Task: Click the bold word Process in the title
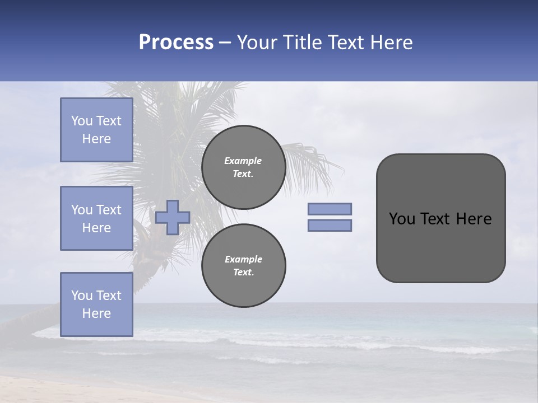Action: click(176, 43)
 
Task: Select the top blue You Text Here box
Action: click(96, 130)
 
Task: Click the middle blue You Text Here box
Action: click(96, 218)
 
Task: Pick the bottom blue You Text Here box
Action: click(96, 304)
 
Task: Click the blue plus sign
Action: click(173, 217)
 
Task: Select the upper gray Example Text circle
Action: click(244, 167)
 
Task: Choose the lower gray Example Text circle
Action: click(244, 265)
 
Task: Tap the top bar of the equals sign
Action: click(330, 209)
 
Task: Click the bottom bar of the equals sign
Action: click(330, 225)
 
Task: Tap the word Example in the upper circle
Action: click(243, 161)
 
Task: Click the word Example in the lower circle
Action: click(243, 259)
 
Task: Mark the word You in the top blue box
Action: click(81, 121)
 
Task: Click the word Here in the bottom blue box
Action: click(96, 313)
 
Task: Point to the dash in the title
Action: click(225, 43)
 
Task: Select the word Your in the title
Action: click(257, 43)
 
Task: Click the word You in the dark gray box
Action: click(402, 219)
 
